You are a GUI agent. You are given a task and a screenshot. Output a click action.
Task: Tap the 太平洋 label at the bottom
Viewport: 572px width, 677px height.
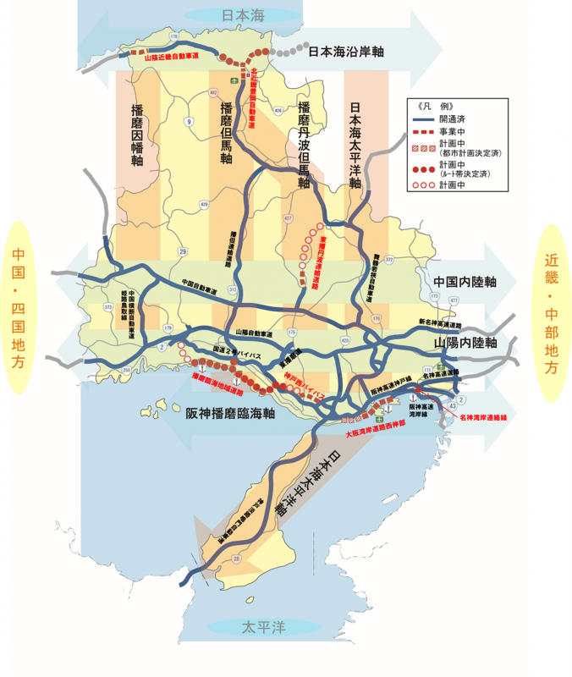(x=263, y=628)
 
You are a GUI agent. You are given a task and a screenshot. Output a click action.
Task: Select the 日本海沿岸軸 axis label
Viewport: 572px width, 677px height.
(x=347, y=52)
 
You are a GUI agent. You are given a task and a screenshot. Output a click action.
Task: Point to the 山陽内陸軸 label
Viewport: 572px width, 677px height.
(x=464, y=344)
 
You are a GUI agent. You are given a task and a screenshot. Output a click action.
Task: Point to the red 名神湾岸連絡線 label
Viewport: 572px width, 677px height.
(x=484, y=417)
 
